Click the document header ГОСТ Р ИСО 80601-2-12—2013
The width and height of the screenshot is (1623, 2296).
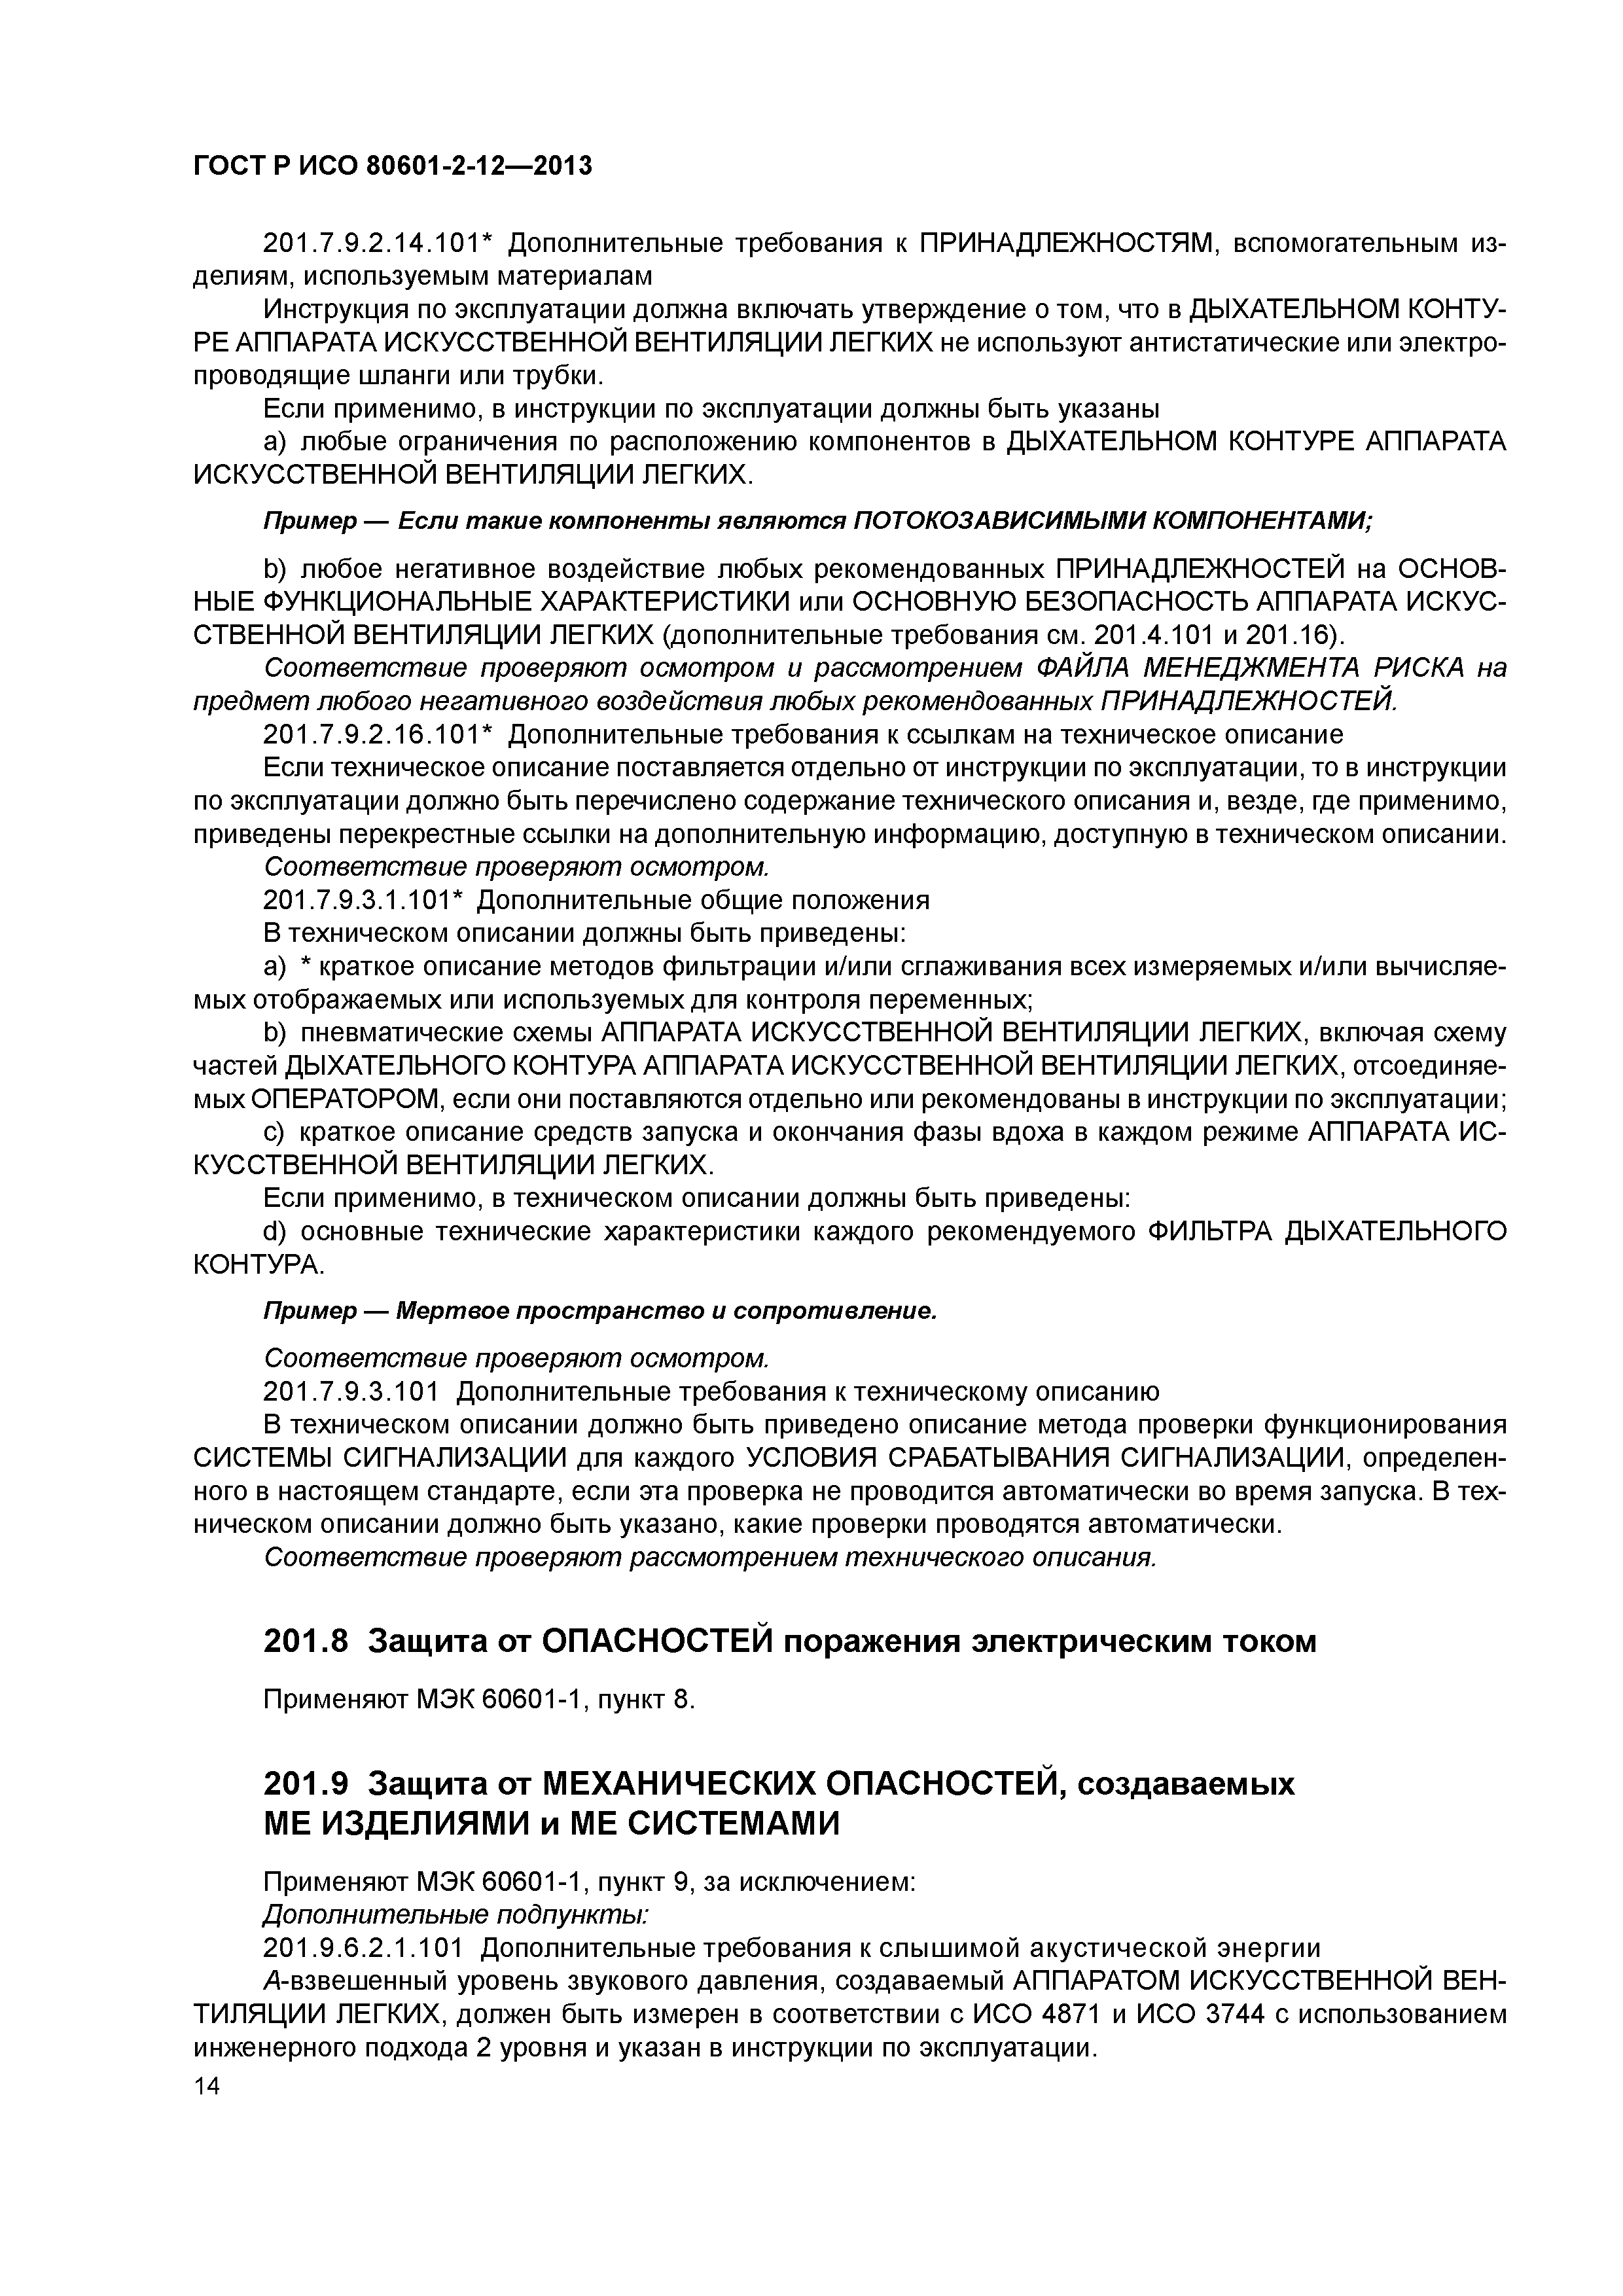click(x=392, y=165)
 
